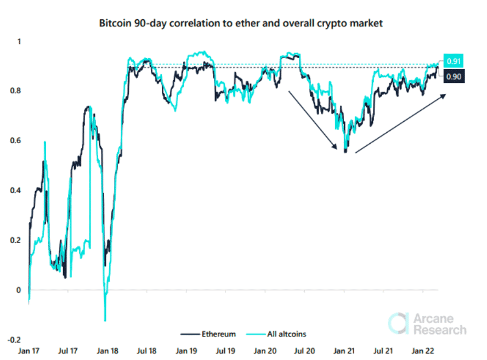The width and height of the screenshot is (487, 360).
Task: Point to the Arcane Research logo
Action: (x=427, y=324)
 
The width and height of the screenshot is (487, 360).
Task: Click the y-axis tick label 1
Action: (x=19, y=42)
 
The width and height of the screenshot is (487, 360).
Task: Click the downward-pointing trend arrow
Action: (x=312, y=120)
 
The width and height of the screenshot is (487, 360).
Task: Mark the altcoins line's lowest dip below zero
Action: (x=105, y=320)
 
